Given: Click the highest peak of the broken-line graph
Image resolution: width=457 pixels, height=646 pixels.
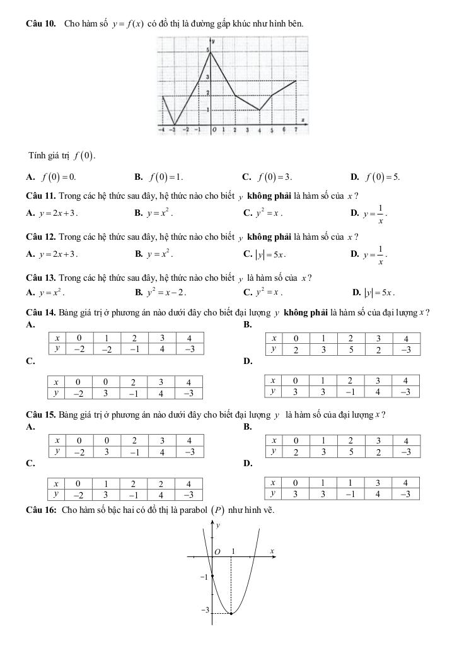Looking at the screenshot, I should coord(211,51).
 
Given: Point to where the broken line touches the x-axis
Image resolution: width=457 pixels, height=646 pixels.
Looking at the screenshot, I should coord(175,124).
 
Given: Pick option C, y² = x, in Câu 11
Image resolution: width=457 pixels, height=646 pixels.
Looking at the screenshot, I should coord(267,213).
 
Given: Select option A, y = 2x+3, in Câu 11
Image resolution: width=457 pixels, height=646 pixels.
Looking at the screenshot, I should coord(53,213).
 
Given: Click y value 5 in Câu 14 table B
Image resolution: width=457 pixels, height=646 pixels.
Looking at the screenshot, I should coord(350,349).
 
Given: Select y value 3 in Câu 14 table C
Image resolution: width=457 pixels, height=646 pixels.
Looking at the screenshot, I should coord(105,393).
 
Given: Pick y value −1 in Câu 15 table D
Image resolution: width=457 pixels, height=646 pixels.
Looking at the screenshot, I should coord(350,494).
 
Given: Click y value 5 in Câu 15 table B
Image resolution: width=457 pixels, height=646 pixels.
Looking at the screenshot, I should coord(350,452).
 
